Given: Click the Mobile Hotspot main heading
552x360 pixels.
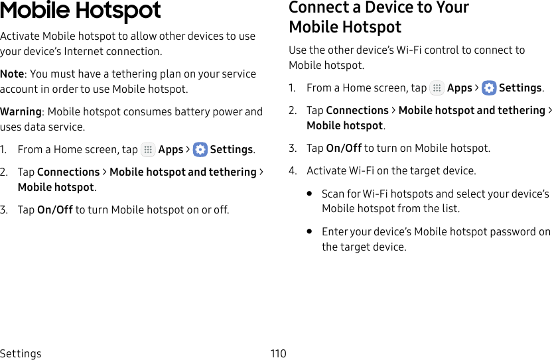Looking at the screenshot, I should coord(80,11).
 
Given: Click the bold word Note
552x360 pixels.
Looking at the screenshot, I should coord(13,74).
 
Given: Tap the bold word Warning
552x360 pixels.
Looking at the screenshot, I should coord(21,111).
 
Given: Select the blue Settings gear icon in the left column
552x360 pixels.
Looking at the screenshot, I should coord(200,149).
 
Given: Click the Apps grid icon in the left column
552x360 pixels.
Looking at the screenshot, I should coord(148,149).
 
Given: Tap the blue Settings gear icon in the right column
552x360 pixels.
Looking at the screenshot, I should coord(489,88).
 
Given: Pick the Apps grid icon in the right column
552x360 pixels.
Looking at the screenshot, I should coord(437,88).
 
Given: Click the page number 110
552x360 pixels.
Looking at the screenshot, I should coord(278,353).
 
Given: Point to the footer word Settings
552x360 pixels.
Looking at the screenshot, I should coord(21,353).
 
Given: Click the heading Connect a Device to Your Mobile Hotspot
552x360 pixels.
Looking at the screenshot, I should coord(378,17).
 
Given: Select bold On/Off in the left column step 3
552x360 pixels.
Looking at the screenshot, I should coord(55,210).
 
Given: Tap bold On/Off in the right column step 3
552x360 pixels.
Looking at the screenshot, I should coord(344,148).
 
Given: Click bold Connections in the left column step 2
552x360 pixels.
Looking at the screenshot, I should coord(68,172).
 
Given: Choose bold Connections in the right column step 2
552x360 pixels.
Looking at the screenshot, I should coord(357,110).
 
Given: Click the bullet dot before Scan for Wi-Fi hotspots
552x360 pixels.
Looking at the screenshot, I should coord(310,194).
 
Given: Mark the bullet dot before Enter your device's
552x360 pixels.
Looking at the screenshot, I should coord(310,232).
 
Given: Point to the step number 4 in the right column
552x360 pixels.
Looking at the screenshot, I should coord(292,170).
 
